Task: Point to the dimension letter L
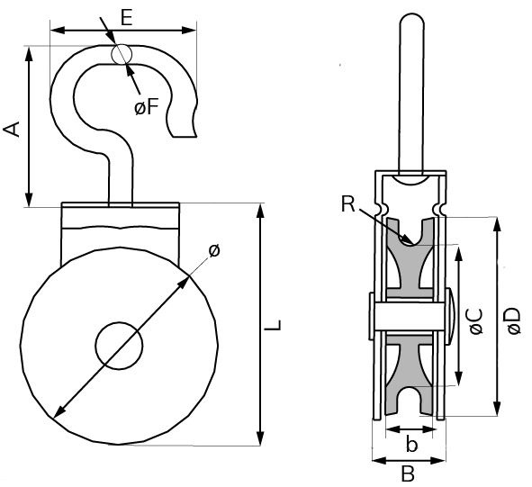(x=277, y=324)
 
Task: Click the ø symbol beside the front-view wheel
(x=213, y=252)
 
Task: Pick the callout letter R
(x=348, y=204)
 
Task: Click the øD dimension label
(x=512, y=320)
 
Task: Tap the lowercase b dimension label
(x=410, y=443)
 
